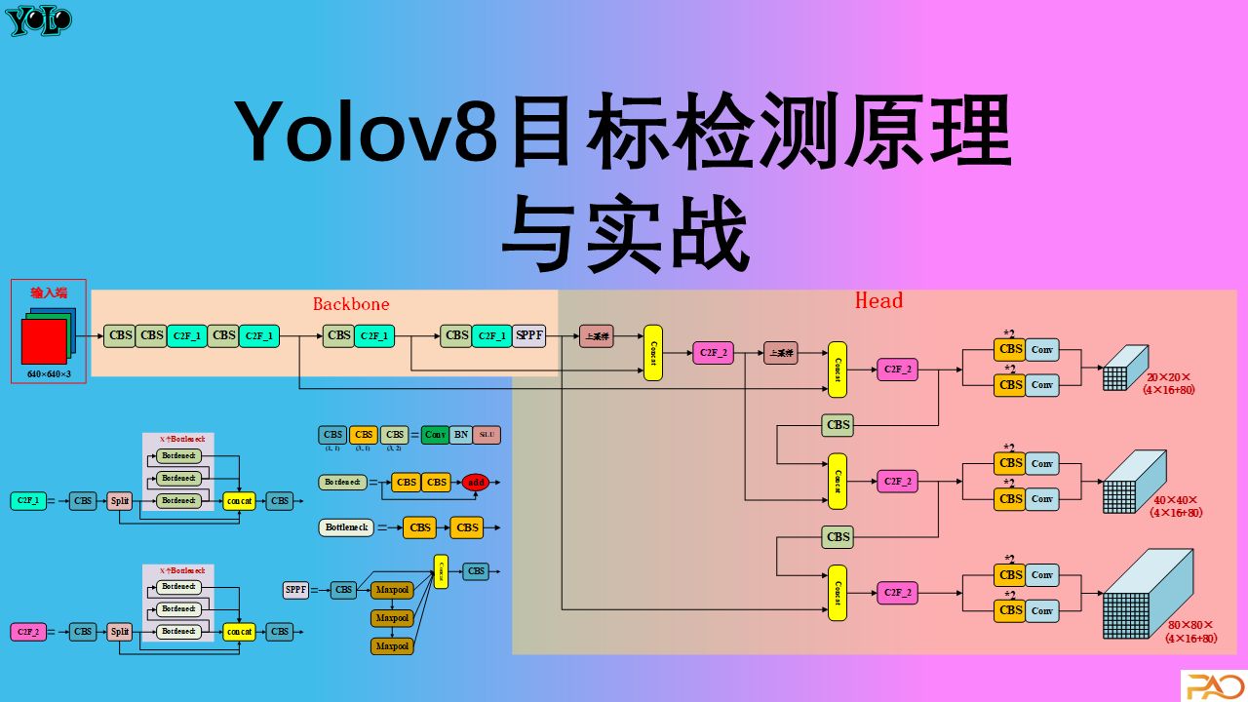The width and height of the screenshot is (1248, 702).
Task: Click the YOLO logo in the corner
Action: (x=39, y=20)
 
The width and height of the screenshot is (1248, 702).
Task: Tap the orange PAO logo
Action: (x=1213, y=685)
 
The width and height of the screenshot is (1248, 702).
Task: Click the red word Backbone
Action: (x=351, y=304)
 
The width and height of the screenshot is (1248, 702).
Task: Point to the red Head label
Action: (x=878, y=301)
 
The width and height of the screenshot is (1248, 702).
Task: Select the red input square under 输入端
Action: (x=44, y=342)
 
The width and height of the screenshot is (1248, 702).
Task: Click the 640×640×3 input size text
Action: (x=49, y=373)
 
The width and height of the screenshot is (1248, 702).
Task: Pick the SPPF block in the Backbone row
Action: (x=529, y=335)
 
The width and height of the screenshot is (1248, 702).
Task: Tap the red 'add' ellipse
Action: (x=476, y=482)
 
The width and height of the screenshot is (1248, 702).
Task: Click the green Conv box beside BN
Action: (x=435, y=434)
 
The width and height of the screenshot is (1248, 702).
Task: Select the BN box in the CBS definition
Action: (x=461, y=434)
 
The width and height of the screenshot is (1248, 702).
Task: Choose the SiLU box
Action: (x=487, y=434)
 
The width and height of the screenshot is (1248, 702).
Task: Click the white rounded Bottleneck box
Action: (x=346, y=527)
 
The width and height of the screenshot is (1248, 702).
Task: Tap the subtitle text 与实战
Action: (x=624, y=234)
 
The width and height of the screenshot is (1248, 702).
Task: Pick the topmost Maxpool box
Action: (x=392, y=590)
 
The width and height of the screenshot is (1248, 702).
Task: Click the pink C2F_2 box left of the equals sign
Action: (x=27, y=631)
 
